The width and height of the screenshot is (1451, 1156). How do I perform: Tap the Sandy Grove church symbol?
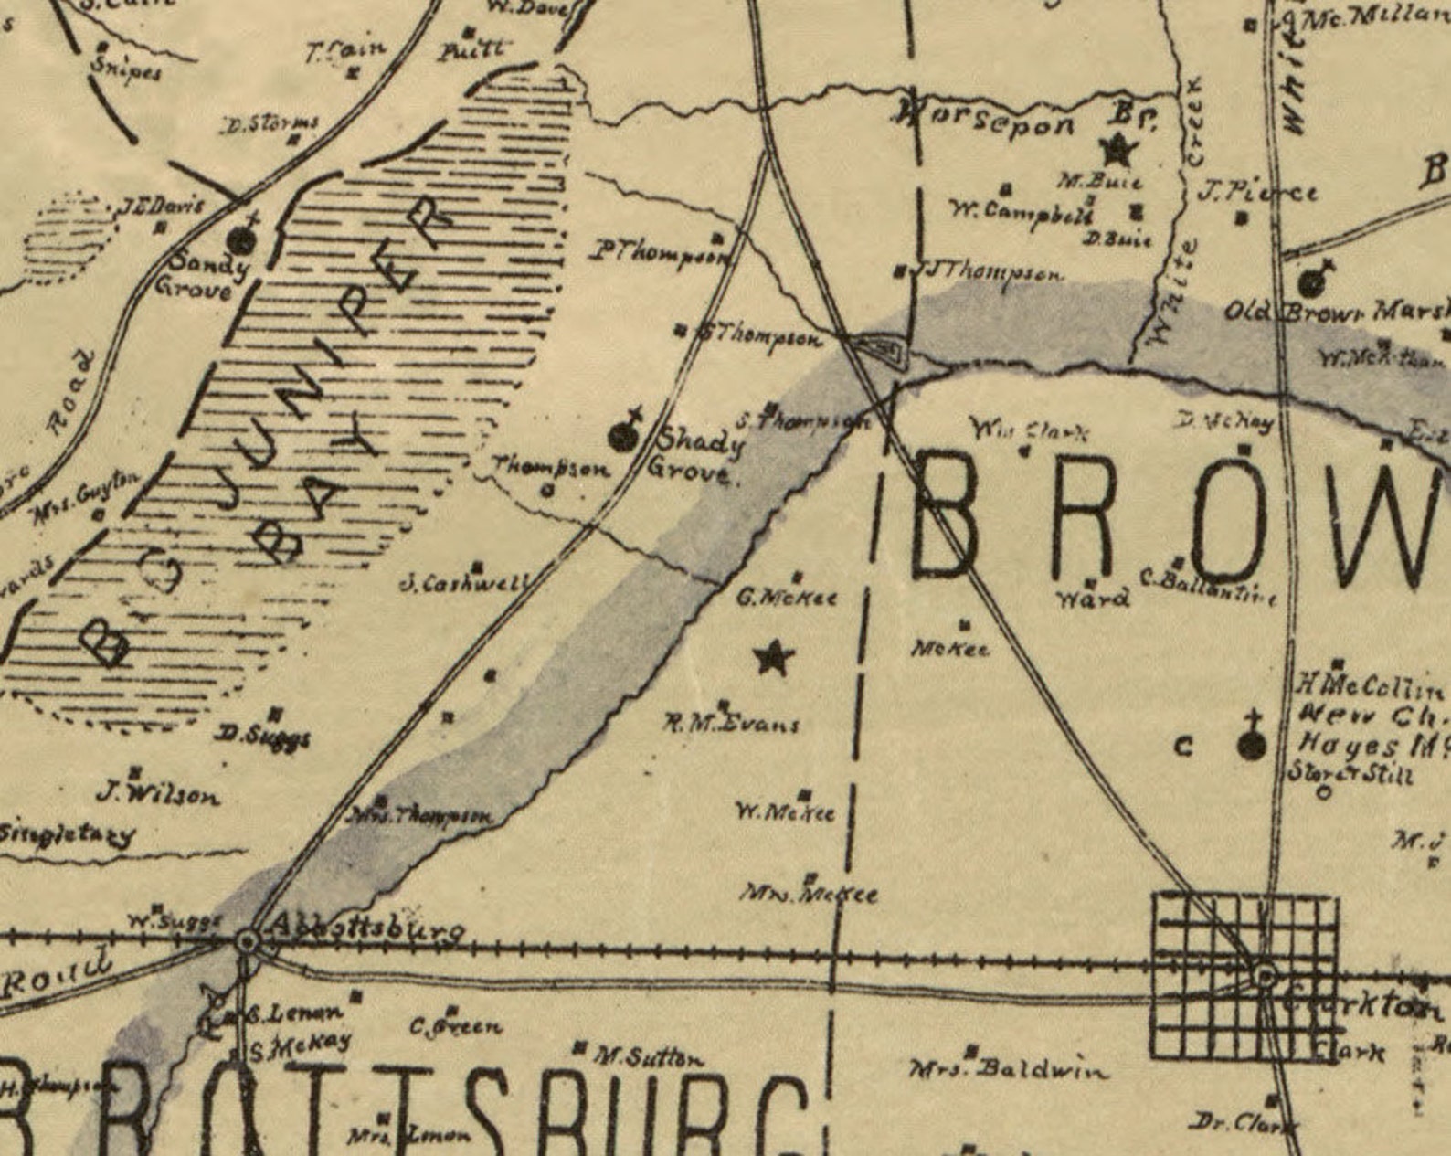241,239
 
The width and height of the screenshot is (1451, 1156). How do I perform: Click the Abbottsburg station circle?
247,940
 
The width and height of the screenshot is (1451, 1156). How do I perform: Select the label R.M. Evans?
731,724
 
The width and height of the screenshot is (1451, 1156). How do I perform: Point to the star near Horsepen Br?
1117,148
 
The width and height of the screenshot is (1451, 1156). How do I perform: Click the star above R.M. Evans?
773,657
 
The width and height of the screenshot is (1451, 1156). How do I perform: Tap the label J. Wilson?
159,794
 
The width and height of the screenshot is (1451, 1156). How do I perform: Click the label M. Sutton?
650,1058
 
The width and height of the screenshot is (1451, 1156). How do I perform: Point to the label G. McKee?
787,598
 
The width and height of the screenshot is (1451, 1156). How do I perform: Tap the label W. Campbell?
1022,214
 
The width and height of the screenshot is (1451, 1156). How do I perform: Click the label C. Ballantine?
1207,586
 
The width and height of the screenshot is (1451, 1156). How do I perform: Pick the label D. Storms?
271,123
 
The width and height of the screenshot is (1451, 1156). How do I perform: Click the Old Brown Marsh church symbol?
1312,281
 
